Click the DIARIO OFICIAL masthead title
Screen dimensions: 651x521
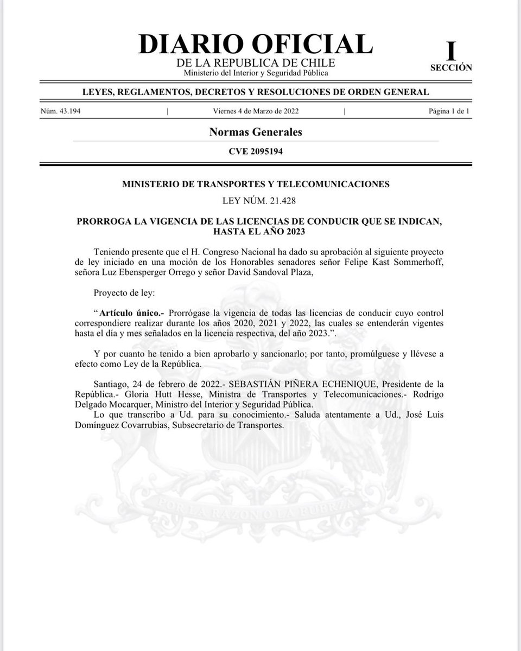tap(256, 44)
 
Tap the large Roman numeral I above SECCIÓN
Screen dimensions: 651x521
tap(450, 52)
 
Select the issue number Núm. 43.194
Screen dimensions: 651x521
tap(61, 111)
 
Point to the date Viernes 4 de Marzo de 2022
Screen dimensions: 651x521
tap(256, 111)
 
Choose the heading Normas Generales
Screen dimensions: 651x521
tap(256, 132)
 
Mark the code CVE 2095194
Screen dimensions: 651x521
tap(256, 152)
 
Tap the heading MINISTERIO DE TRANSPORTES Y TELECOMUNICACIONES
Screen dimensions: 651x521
tap(256, 184)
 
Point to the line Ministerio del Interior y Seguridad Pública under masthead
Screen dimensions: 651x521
tap(256, 73)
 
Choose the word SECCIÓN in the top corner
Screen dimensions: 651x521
tap(450, 68)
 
